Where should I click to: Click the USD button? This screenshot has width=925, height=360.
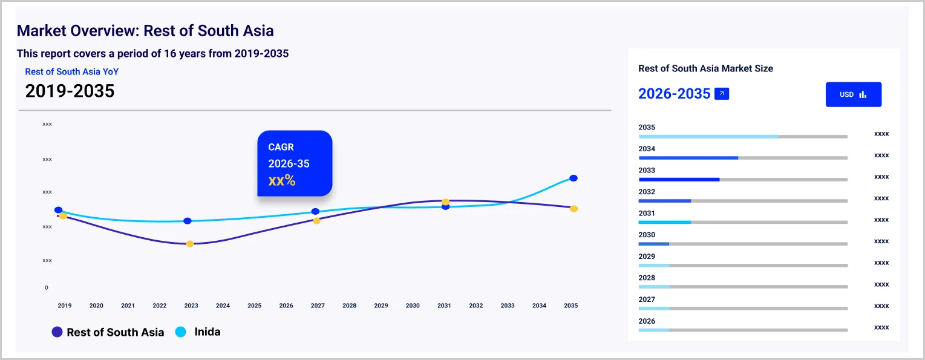(853, 94)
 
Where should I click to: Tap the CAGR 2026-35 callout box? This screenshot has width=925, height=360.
(295, 163)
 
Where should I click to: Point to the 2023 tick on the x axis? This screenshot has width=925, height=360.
(191, 306)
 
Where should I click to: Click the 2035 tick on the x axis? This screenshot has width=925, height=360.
(570, 306)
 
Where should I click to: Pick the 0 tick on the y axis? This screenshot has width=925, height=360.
(46, 287)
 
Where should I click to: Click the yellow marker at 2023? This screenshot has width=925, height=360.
(190, 244)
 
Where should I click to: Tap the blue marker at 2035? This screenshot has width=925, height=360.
(574, 178)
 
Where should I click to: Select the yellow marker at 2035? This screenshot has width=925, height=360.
(574, 209)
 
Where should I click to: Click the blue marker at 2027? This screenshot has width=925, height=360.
(315, 211)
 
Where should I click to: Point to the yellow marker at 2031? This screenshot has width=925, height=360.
(445, 201)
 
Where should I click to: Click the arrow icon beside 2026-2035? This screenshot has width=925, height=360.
(722, 94)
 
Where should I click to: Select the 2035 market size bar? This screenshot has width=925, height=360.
(743, 136)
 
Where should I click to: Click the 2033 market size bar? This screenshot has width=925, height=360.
(743, 179)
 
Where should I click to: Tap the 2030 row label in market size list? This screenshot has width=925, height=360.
(647, 235)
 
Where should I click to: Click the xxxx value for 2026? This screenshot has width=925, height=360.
(881, 327)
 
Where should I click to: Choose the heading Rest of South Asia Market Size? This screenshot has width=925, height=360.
(705, 68)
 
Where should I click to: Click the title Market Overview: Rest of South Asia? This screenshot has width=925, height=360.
(145, 31)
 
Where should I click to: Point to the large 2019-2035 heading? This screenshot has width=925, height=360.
(70, 91)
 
